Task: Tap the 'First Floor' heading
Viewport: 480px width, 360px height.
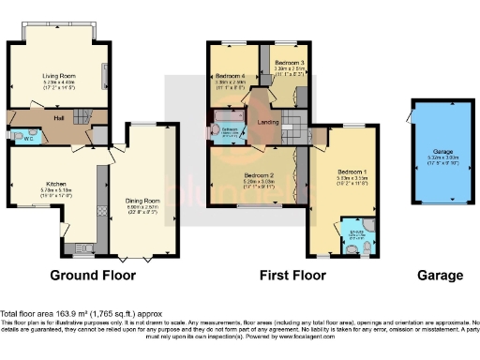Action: click(292, 277)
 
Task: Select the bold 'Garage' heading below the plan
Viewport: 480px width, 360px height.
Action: click(441, 277)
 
